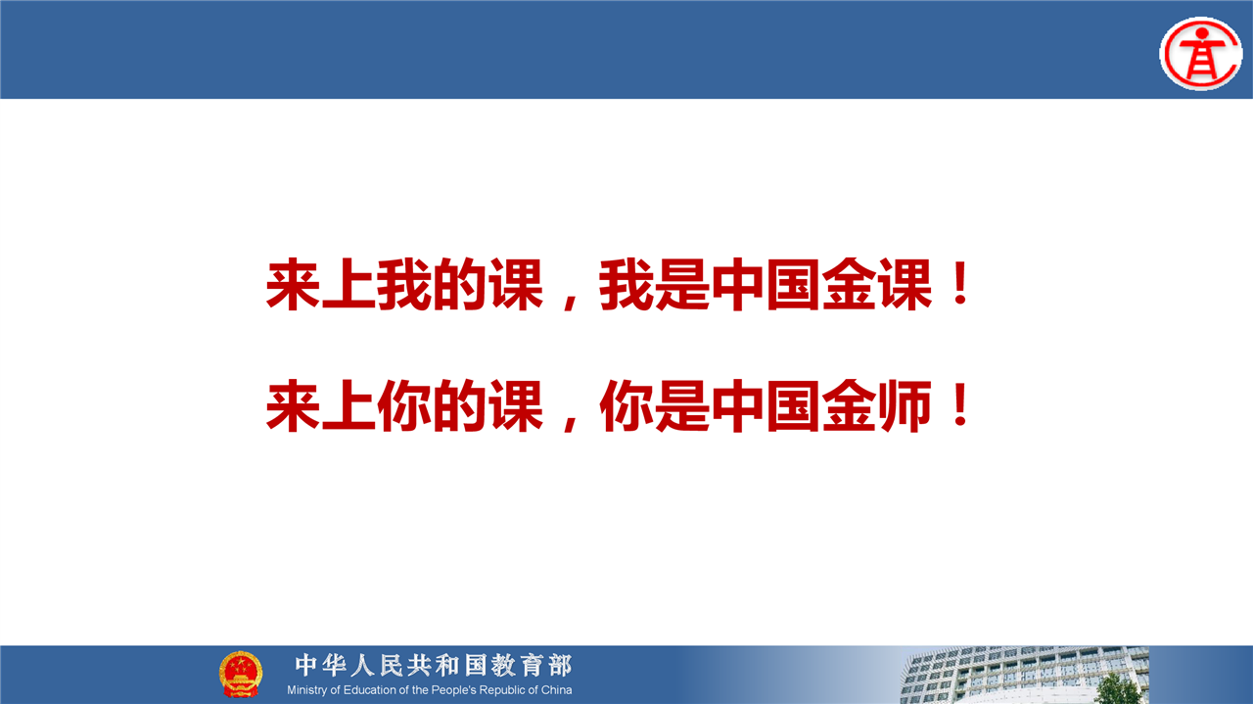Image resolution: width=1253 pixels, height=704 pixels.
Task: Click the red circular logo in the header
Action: pyautogui.click(x=1201, y=53)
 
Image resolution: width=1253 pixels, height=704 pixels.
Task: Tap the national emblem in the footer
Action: pyautogui.click(x=241, y=674)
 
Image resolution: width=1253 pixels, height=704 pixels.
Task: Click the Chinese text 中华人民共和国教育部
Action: pyautogui.click(x=434, y=666)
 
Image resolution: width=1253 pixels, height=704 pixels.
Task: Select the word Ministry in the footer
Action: pyautogui.click(x=307, y=690)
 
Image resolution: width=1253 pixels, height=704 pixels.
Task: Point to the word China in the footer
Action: pyautogui.click(x=556, y=690)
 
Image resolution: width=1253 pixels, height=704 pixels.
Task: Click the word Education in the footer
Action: pyautogui.click(x=370, y=690)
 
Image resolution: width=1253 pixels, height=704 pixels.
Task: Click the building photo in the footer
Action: pyautogui.click(x=1025, y=675)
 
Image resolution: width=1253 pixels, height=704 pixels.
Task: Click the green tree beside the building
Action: pyautogui.click(x=1118, y=688)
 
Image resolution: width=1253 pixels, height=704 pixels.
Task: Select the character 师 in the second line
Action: pyautogui.click(x=905, y=405)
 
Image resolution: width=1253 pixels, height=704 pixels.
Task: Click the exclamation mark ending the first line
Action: pyautogui.click(x=961, y=283)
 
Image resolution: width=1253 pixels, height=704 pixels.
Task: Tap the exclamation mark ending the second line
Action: pyautogui.click(x=961, y=404)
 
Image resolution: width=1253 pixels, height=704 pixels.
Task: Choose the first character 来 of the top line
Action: pyautogui.click(x=293, y=284)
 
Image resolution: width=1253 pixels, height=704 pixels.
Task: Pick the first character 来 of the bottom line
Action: pyautogui.click(x=293, y=405)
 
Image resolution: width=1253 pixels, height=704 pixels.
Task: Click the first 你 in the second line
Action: pyautogui.click(x=404, y=405)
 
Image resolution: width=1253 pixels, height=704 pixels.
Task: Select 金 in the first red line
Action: pyautogui.click(x=850, y=284)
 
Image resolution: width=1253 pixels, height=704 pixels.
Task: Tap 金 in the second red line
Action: pyautogui.click(x=850, y=405)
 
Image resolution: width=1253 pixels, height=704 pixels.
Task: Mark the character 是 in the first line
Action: pyautogui.click(x=682, y=284)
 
